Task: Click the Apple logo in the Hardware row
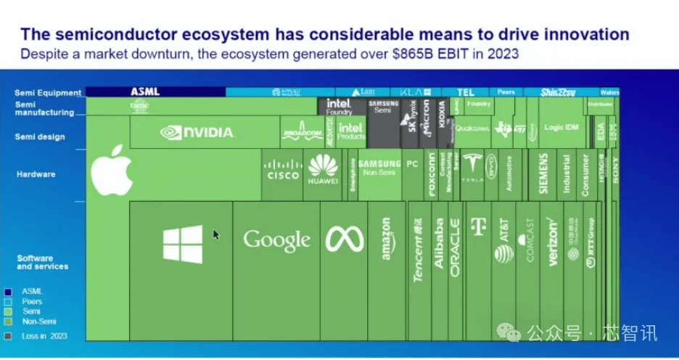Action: pyautogui.click(x=111, y=170)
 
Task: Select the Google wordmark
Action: pyautogui.click(x=276, y=240)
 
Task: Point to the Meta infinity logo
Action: pyautogui.click(x=343, y=240)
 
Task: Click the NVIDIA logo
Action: pyautogui.click(x=197, y=132)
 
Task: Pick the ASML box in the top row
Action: pyautogui.click(x=145, y=92)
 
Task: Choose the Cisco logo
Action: pyautogui.click(x=283, y=170)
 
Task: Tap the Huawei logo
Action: pyautogui.click(x=323, y=169)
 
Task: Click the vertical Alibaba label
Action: pyautogui.click(x=438, y=244)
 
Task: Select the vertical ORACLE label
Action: pyautogui.click(x=455, y=247)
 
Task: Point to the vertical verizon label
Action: pyautogui.click(x=552, y=242)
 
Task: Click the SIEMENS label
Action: pyautogui.click(x=543, y=173)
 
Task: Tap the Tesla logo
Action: pyautogui.click(x=472, y=168)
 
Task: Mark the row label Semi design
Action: pyautogui.click(x=40, y=136)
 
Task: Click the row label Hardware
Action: pyautogui.click(x=36, y=174)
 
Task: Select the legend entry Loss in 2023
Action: pyautogui.click(x=44, y=336)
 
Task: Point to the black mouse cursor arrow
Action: pyautogui.click(x=215, y=234)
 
